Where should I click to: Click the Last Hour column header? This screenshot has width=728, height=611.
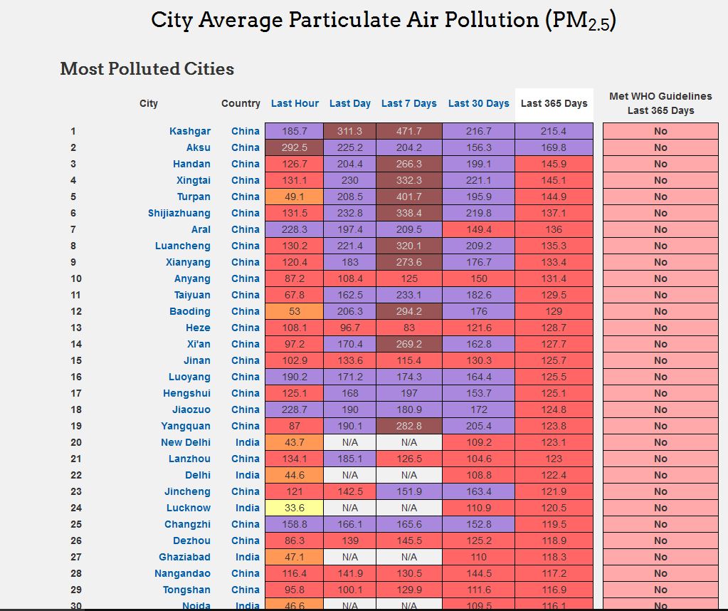coord(295,103)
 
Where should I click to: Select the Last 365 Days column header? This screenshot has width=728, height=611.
coord(554,103)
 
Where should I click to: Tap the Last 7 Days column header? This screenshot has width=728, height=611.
coord(408,103)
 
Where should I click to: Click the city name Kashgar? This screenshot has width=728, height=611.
coord(190,131)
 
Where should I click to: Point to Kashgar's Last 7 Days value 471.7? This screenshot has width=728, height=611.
coord(408,131)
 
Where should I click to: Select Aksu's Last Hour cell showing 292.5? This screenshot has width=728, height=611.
coord(295,147)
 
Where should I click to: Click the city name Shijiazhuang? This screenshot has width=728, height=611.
coord(179,213)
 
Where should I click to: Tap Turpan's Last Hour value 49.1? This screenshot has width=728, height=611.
coord(295,197)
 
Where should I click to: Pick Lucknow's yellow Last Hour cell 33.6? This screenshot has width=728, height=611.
coord(295,508)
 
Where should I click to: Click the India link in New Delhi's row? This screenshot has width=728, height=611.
coord(248,442)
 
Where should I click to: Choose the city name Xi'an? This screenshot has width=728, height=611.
coord(199,344)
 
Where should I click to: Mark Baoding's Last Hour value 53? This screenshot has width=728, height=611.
coord(295,311)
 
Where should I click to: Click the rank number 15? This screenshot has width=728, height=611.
coord(76,360)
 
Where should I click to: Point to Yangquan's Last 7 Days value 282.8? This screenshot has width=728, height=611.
coord(408,426)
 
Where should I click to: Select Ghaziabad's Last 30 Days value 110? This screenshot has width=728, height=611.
coord(479,557)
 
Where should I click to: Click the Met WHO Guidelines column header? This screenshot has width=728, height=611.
coord(660,103)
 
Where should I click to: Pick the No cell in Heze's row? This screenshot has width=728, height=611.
coord(660,328)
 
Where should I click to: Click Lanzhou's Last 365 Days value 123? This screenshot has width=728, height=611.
coord(554,459)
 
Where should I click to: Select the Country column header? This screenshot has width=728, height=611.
coord(241,103)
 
